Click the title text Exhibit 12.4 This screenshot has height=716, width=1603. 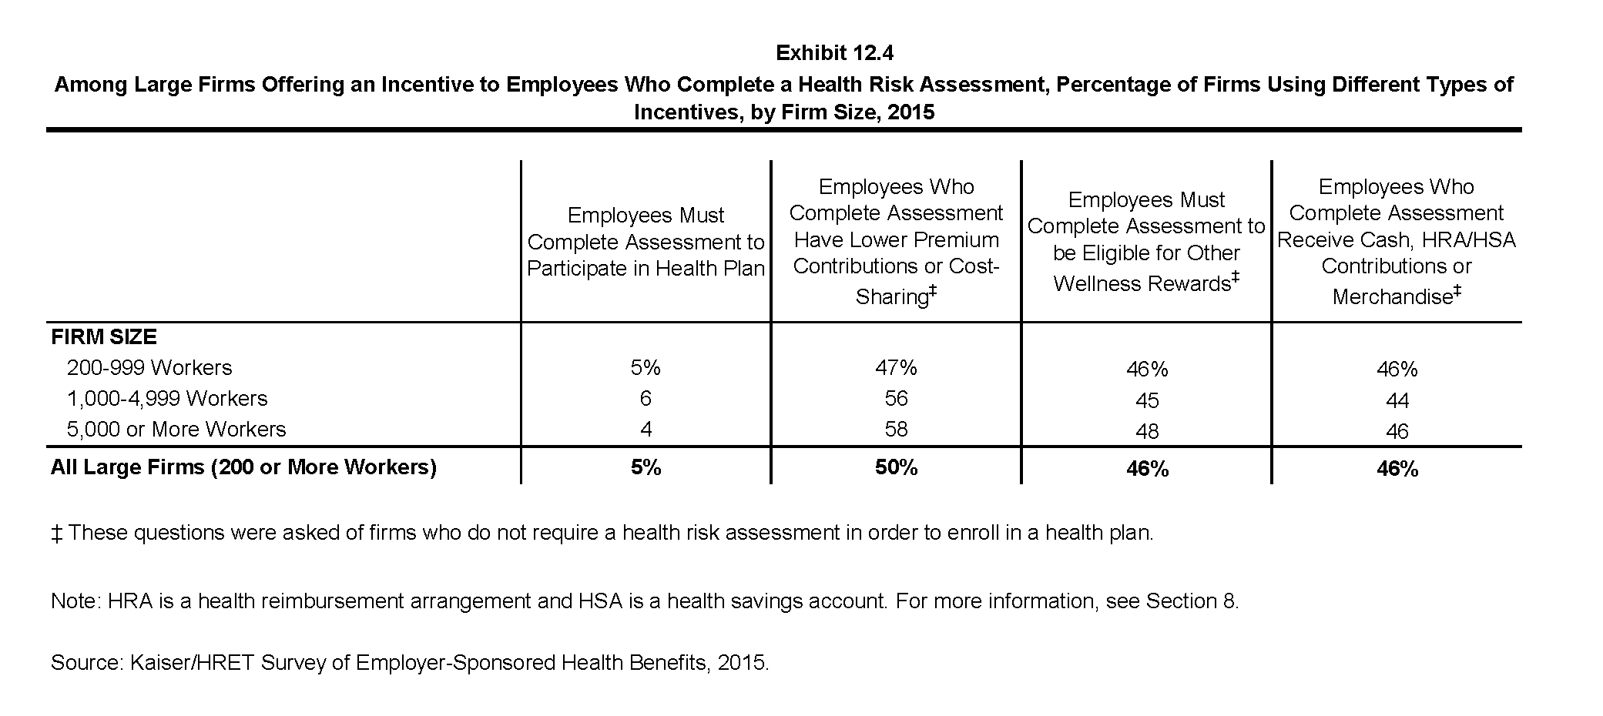tap(834, 53)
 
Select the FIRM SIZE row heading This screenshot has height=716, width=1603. tap(104, 337)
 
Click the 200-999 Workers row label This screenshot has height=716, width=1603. tap(149, 368)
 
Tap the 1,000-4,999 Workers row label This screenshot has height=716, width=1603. tap(167, 399)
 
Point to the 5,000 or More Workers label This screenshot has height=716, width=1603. tap(176, 430)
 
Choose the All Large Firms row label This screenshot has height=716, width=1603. tap(243, 467)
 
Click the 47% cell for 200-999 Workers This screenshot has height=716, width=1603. tap(896, 368)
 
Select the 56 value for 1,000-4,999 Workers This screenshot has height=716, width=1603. tap(896, 399)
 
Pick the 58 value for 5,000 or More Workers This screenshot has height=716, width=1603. tap(896, 430)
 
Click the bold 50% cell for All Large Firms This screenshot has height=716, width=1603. tap(896, 467)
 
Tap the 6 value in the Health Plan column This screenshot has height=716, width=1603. tap(646, 399)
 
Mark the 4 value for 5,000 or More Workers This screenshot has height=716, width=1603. tap(646, 430)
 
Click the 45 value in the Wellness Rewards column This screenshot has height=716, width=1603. tap(1147, 400)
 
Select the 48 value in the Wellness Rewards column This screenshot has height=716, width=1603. tap(1147, 431)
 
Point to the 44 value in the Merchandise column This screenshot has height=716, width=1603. tap(1397, 400)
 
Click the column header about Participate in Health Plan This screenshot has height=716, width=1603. tap(646, 242)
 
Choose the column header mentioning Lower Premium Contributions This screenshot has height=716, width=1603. tap(896, 241)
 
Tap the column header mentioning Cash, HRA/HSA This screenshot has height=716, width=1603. tap(1397, 241)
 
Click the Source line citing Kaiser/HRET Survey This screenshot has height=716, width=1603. tap(410, 663)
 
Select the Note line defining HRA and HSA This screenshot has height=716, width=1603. tap(645, 601)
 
